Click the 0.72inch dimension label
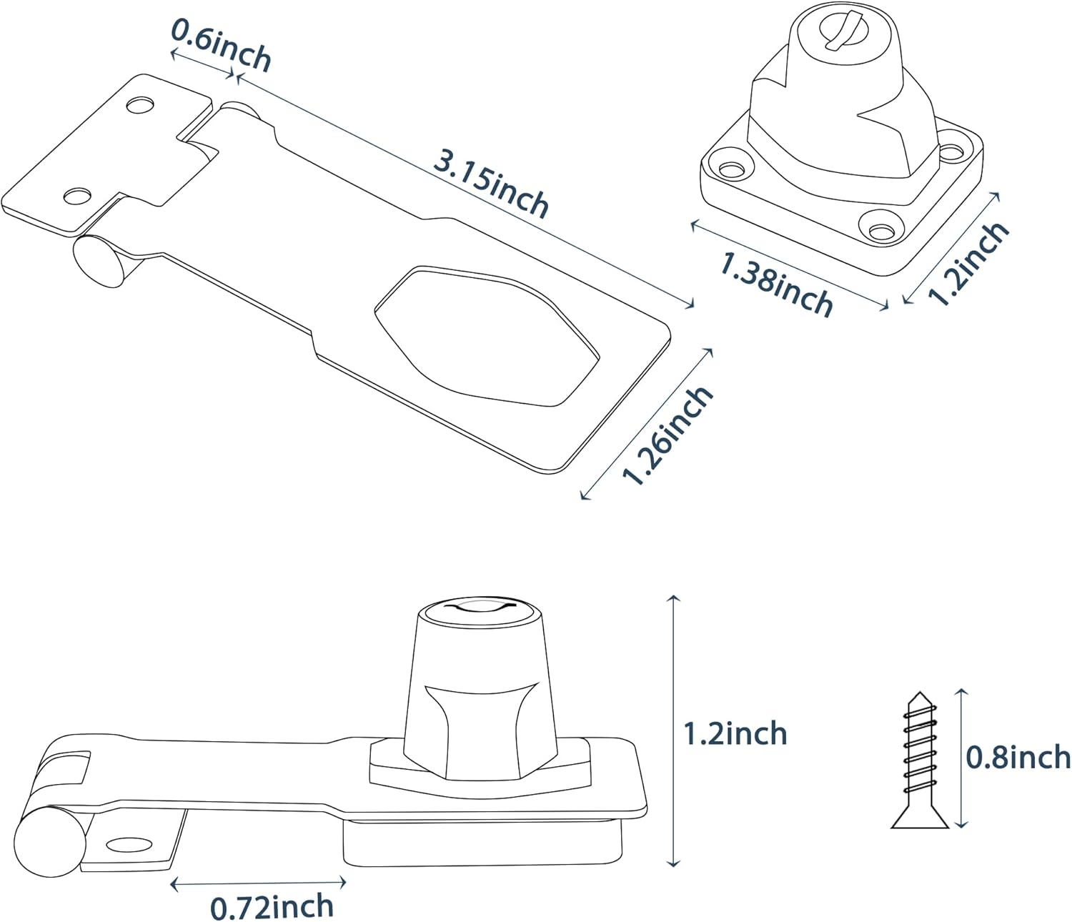click(272, 907)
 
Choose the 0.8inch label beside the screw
click(1018, 757)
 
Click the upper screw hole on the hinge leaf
click(141, 104)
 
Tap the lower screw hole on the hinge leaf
click(79, 194)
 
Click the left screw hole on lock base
click(731, 169)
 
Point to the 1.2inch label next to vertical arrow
click(735, 734)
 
